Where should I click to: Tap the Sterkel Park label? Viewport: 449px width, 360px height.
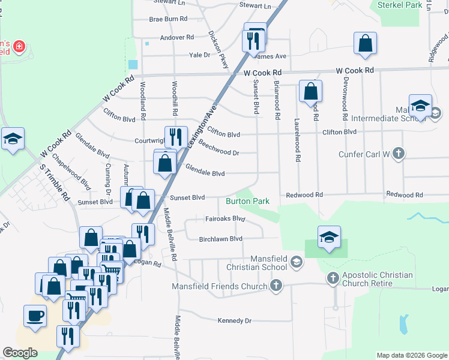point(401,5)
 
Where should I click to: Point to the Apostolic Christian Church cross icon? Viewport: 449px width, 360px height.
point(334,278)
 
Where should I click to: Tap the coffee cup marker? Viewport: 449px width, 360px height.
point(35,316)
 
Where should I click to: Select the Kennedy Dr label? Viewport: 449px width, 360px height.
point(234,320)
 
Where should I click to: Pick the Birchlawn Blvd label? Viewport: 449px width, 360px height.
point(220,239)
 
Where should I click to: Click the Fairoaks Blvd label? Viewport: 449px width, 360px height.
point(225,219)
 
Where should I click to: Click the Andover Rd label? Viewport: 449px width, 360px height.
point(177,37)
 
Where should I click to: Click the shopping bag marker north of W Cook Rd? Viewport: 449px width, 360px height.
point(365,44)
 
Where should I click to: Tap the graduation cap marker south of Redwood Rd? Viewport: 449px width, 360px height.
point(329,237)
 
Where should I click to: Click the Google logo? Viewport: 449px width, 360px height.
point(20,353)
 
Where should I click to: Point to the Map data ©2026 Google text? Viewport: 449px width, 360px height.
point(411,355)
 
